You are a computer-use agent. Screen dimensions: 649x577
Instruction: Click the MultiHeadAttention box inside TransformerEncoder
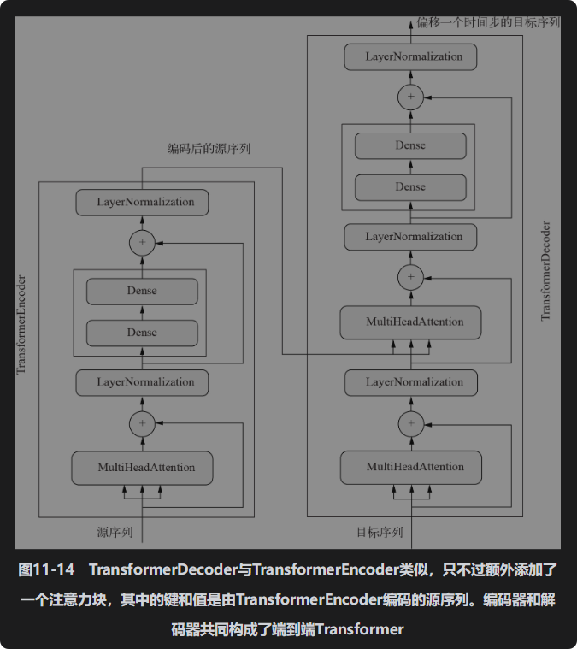point(142,468)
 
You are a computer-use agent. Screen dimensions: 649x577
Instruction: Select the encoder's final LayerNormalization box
point(142,203)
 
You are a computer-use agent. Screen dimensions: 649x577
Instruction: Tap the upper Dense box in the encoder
point(142,291)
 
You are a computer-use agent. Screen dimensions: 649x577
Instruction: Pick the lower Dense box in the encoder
point(142,333)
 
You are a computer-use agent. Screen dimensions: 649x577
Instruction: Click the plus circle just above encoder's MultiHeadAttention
point(142,422)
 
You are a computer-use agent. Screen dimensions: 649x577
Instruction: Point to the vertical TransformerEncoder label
point(21,324)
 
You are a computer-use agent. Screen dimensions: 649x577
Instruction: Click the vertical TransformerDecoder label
point(545,271)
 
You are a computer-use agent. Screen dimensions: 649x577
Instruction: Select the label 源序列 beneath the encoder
point(115,532)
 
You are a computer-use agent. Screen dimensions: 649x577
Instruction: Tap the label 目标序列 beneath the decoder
point(380,532)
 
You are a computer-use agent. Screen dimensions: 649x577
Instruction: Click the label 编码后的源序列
point(209,149)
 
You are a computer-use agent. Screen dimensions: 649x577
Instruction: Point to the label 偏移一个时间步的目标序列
point(489,21)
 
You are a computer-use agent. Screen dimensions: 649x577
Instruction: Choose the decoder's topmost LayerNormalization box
point(411,57)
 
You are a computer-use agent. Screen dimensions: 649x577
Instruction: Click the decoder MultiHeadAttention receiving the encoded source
point(411,322)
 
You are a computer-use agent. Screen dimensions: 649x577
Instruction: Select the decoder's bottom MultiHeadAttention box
point(411,468)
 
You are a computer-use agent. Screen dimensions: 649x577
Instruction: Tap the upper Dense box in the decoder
point(411,145)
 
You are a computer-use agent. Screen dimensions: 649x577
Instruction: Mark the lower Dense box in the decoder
point(411,187)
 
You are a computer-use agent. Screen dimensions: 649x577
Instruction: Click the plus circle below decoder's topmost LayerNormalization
point(411,97)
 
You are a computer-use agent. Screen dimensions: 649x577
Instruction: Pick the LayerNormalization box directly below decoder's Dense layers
point(411,237)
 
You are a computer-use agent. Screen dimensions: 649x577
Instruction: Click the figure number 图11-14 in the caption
point(47,569)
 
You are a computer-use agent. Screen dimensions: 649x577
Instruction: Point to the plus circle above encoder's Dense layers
point(142,243)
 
